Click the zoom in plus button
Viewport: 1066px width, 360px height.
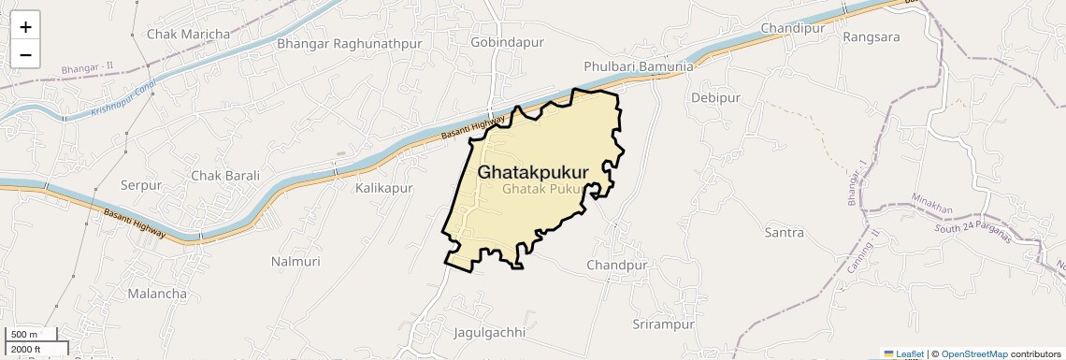point(25,27)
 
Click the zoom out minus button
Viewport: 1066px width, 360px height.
point(25,55)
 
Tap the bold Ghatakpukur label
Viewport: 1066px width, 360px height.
point(533,173)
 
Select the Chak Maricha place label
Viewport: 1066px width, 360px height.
point(188,35)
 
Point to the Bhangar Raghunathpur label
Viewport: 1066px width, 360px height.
point(344,43)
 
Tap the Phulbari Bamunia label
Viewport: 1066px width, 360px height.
point(639,67)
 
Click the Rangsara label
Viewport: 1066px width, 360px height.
point(871,37)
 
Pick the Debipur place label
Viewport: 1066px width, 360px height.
point(715,97)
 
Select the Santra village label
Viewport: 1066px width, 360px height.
point(785,231)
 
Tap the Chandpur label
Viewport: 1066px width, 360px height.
point(617,266)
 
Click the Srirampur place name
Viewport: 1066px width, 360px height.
point(664,324)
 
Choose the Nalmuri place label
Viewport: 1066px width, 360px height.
point(295,262)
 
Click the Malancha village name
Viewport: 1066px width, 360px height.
point(156,294)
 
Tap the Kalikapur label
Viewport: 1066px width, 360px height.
point(383,189)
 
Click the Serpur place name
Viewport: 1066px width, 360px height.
point(141,186)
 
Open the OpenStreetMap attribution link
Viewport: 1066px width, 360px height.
point(973,354)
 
